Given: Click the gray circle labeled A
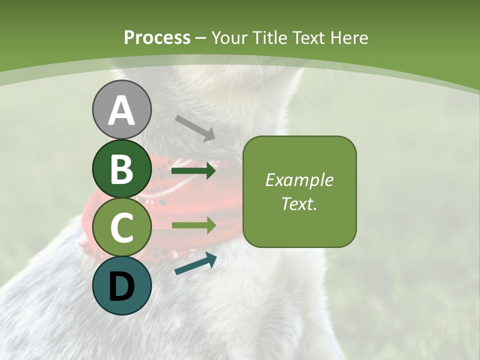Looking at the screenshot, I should coord(122,109).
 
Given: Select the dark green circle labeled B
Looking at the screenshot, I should coord(122,169).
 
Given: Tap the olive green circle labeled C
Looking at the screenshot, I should coord(122,227).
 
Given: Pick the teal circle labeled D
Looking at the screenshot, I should coord(122,285).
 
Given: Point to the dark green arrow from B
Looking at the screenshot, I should coord(193,171).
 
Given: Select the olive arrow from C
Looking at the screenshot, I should coord(193,225).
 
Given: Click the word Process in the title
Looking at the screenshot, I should coord(157,38).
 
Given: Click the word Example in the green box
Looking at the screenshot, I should coord(299,180).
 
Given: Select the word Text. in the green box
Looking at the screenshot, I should coord(299,203).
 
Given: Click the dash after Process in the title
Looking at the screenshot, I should coord(201,38).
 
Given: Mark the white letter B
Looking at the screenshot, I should coord(122,169).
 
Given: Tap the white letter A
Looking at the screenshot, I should coord(122,110).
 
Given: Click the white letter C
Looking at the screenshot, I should coord(122,227).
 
